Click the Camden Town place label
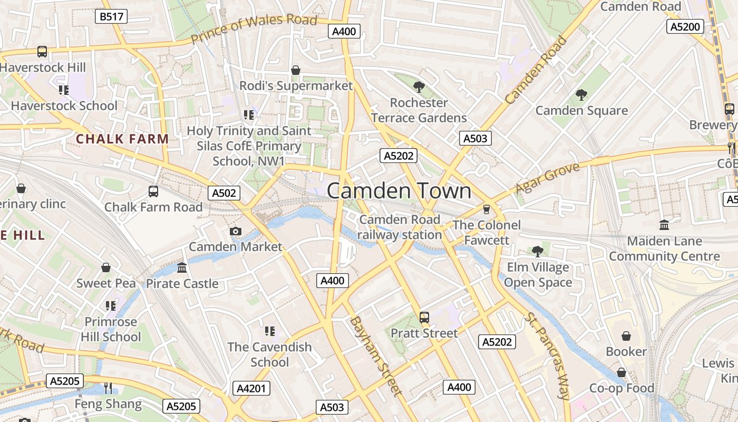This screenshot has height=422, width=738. click(x=399, y=190)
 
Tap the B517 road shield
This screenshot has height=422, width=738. click(x=111, y=16)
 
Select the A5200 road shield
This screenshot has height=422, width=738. click(x=685, y=26)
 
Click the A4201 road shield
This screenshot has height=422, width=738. click(x=251, y=389)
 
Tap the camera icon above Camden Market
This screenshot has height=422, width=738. click(x=236, y=231)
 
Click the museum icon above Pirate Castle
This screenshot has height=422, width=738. click(x=182, y=268)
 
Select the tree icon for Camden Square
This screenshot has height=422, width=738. click(x=581, y=95)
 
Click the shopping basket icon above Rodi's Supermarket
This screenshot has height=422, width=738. click(x=296, y=70)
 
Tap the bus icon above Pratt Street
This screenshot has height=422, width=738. click(x=424, y=317)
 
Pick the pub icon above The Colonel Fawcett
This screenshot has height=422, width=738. click(x=487, y=209)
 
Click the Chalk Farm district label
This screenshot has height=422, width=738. click(x=122, y=139)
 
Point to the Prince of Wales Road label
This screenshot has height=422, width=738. click(x=254, y=29)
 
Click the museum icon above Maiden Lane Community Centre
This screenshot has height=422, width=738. click(x=664, y=225)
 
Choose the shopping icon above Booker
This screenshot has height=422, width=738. click(x=626, y=336)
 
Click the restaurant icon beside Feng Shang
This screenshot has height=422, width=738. click(x=108, y=388)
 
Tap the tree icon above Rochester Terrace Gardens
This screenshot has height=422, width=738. click(x=419, y=87)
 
